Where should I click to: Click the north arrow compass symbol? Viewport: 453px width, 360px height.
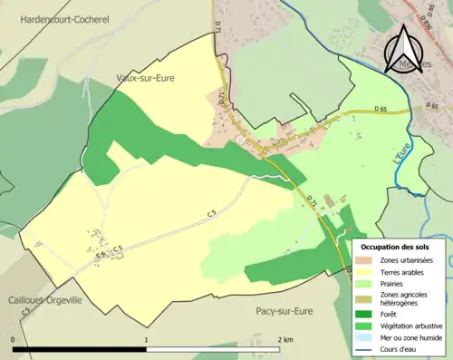tap(404, 49)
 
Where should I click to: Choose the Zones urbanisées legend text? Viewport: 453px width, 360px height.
tap(408, 260)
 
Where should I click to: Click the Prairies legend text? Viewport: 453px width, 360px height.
tap(395, 282)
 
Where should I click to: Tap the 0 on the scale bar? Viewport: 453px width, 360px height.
tap(14, 339)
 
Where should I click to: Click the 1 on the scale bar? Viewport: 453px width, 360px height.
tap(147, 339)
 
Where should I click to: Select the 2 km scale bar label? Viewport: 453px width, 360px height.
tap(284, 339)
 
